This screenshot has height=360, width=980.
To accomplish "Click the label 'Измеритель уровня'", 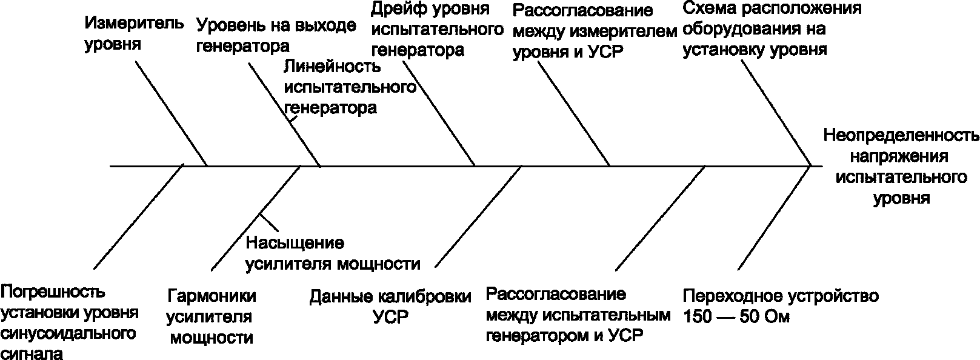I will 133,33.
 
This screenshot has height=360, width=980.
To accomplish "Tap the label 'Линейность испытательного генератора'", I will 350,88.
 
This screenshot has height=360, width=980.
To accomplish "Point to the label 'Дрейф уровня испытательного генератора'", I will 436,29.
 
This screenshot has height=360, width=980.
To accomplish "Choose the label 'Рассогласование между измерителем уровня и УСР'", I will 593,31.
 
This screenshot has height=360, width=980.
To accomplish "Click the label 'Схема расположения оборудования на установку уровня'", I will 772,28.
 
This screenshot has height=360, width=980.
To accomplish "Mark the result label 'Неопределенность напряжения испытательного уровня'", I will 901,166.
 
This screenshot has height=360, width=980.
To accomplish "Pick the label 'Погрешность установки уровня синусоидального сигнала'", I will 70,322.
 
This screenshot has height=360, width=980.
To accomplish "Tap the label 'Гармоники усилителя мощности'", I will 211,317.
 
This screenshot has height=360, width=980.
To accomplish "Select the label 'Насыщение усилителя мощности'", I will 332,253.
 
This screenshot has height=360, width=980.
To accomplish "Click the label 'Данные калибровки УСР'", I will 390,307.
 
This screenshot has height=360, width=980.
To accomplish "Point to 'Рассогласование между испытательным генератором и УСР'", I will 578,315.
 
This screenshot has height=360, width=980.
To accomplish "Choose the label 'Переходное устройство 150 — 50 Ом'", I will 781,306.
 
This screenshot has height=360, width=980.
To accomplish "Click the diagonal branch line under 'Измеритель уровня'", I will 171,113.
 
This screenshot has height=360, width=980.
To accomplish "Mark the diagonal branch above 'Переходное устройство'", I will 774,218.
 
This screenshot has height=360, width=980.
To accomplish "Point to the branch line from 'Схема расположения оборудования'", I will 776,113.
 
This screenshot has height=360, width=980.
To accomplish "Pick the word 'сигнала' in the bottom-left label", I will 32,353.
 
